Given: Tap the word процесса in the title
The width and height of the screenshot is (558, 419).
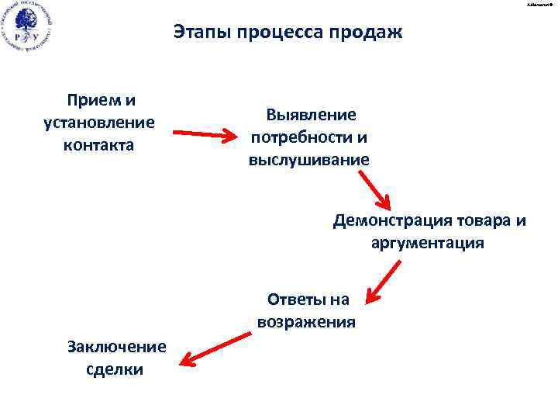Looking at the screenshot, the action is (270, 33).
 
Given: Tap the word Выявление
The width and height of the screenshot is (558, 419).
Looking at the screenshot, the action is (311, 115).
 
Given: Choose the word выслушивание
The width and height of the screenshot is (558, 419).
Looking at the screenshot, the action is (309, 160).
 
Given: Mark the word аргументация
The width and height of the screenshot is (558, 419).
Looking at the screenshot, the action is (427, 243).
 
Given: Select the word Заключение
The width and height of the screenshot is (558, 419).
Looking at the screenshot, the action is (116, 346).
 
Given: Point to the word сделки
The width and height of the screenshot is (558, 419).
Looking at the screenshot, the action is (116, 369).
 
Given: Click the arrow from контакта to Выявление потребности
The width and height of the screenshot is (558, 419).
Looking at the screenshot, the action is (205, 137).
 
